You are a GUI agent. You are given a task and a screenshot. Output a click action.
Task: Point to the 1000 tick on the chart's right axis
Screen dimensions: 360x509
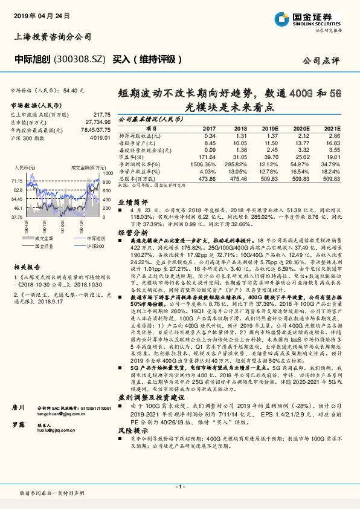[x=106, y=172]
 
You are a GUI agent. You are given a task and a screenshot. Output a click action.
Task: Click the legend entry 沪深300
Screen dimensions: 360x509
[x=88, y=247]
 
